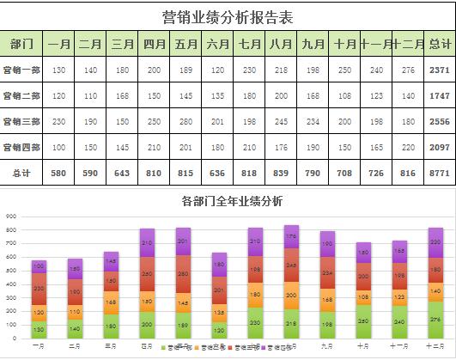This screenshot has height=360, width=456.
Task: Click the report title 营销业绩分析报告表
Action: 228,16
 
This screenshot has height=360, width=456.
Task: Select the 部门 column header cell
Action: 22,44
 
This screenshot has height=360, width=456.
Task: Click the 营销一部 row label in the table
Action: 22,70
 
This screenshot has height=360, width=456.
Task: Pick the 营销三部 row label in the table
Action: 22,121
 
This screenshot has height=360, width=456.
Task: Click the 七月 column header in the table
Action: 250,44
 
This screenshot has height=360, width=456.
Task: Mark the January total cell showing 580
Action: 58,173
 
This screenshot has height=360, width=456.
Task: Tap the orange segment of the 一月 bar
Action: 39,311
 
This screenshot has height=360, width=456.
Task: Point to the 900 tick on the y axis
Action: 11,217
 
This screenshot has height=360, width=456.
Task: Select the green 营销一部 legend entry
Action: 179,347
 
